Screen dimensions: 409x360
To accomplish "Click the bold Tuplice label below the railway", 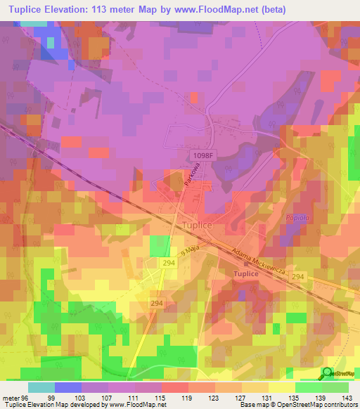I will [241, 273].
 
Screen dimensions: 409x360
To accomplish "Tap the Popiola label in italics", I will [298, 219].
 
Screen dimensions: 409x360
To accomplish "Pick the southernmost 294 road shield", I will [157, 303].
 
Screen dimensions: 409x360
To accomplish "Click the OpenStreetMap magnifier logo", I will [328, 372].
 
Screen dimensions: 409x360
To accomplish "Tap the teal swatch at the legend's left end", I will [41, 387].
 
